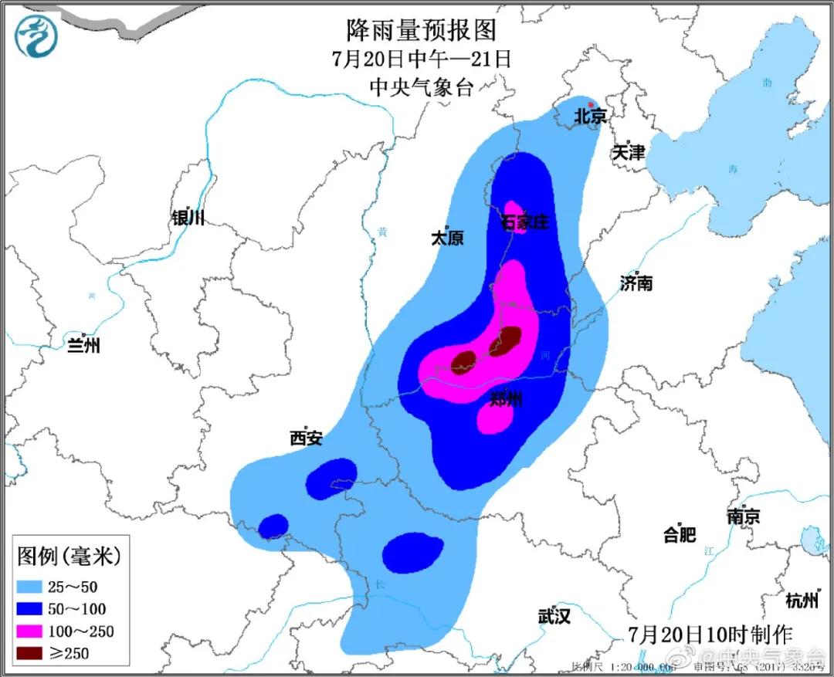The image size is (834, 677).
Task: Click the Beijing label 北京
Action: pyautogui.click(x=589, y=117)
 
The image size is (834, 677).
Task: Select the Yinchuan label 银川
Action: pyautogui.click(x=188, y=218)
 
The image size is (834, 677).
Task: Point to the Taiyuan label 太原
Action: pyautogui.click(x=447, y=239)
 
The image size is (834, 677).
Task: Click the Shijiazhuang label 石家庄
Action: pyautogui.click(x=524, y=223)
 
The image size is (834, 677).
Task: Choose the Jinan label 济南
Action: pyautogui.click(x=636, y=283)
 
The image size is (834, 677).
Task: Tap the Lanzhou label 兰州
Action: pyautogui.click(x=83, y=345)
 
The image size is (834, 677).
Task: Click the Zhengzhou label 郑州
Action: pyautogui.click(x=506, y=399)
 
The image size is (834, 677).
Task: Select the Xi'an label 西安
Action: pyautogui.click(x=306, y=438)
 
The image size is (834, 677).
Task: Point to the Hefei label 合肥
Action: pyautogui.click(x=680, y=534)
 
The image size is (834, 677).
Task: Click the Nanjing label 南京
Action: pyautogui.click(x=743, y=516)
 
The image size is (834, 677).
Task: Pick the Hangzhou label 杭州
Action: pyautogui.click(x=801, y=600)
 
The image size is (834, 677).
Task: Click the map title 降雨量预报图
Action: pyautogui.click(x=420, y=30)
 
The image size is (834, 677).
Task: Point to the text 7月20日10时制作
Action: pyautogui.click(x=710, y=635)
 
